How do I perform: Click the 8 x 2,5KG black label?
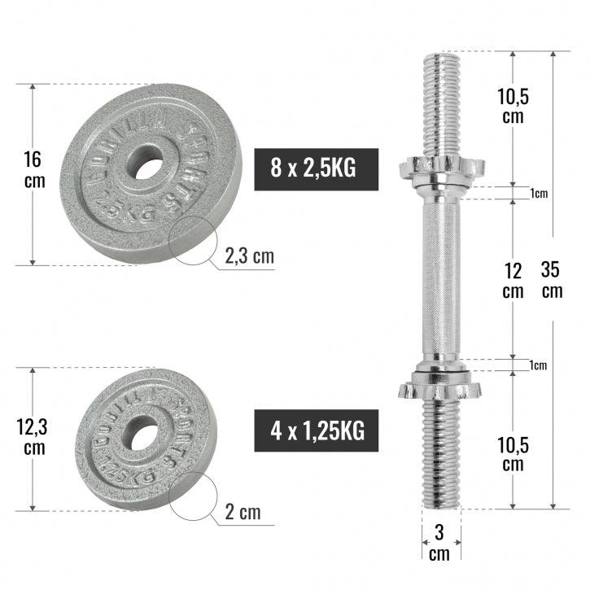317,169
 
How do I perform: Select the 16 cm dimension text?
35,169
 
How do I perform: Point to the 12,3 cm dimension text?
35,437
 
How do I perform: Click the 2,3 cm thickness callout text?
250,257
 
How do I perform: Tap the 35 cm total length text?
553,280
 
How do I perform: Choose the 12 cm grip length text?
512,280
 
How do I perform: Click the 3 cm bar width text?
439,544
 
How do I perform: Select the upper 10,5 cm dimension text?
513,106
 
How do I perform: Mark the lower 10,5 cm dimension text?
513,454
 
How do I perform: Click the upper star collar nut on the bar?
440,168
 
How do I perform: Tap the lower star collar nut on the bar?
440,385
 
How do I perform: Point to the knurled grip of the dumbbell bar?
440,277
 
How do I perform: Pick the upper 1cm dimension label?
538,194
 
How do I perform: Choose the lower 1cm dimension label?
538,365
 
